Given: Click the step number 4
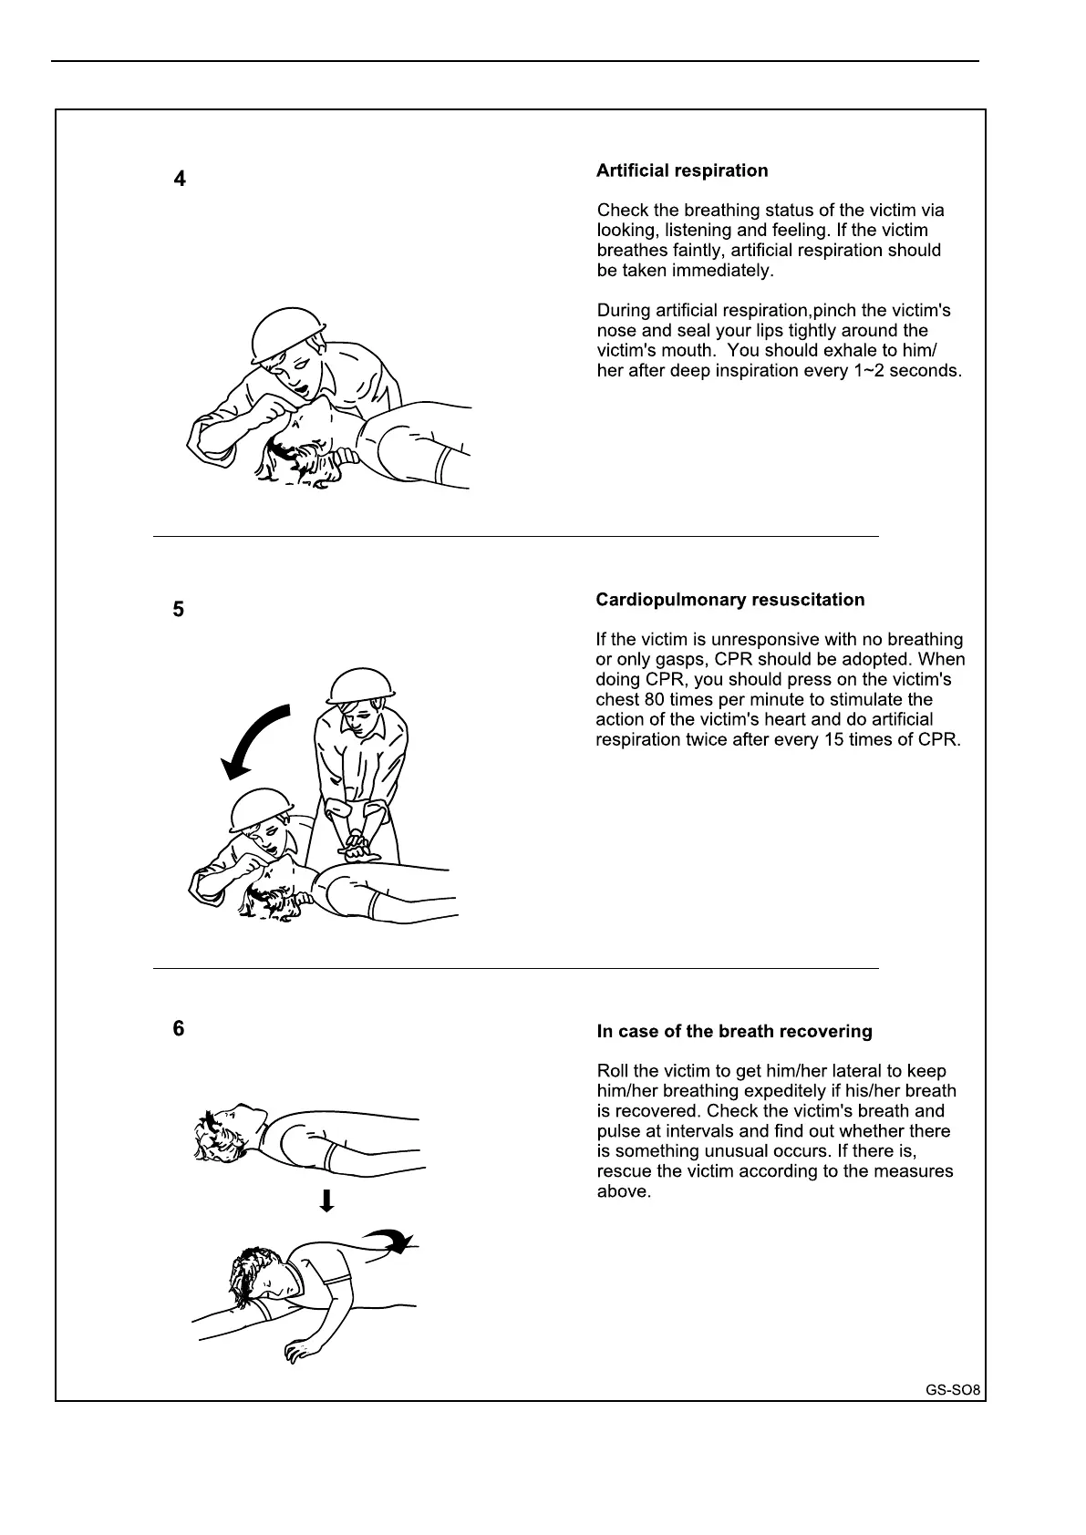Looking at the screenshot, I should [180, 180].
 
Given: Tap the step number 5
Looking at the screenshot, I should [179, 609].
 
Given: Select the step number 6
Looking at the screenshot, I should [179, 1028].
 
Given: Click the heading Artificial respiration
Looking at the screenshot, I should [681, 170].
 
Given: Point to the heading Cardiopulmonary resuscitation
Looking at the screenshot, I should [729, 600].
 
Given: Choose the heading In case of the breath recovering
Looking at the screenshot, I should [734, 1032].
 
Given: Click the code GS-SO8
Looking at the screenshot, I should [953, 1391].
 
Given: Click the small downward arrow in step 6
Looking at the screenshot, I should [326, 1200].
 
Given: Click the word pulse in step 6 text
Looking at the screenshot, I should [617, 1131].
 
